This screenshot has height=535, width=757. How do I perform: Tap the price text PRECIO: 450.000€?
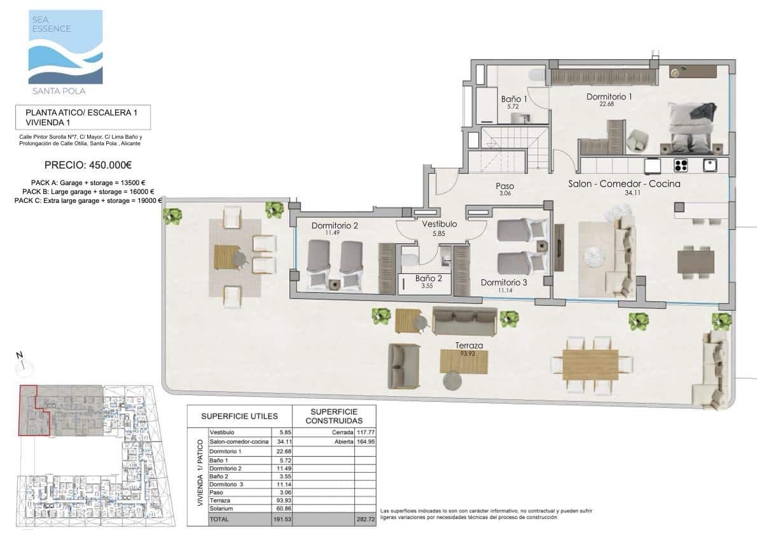[88, 165]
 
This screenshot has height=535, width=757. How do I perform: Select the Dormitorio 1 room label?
[609, 97]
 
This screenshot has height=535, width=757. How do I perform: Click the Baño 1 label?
[514, 99]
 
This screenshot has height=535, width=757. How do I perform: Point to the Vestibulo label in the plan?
[440, 225]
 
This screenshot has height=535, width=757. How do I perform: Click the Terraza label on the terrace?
[468, 345]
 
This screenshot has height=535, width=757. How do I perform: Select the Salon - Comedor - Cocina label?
[624, 184]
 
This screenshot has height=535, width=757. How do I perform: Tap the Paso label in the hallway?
[505, 186]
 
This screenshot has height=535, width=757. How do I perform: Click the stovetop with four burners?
[681, 165]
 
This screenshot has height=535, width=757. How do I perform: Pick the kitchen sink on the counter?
[711, 165]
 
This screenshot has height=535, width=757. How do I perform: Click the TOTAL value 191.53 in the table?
[281, 519]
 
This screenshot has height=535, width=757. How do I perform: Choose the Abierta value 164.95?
[364, 441]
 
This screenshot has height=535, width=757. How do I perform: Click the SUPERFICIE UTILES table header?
[239, 417]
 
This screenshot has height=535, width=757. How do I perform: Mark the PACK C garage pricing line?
[88, 200]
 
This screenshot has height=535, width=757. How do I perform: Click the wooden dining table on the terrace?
[590, 365]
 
